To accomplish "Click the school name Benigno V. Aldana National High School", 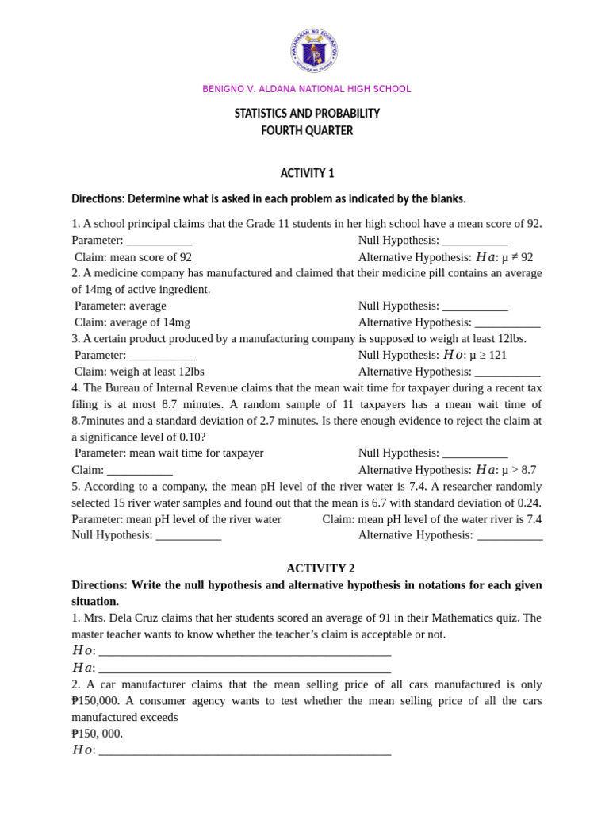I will [x=307, y=89].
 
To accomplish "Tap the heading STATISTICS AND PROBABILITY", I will [x=307, y=114].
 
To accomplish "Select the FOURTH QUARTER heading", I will [x=307, y=131].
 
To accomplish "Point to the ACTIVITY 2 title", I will [x=320, y=568].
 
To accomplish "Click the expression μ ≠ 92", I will [x=517, y=257].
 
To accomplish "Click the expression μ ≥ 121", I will [x=488, y=355].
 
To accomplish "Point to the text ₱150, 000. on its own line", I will [x=98, y=734].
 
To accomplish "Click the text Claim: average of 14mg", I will [x=132, y=322].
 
